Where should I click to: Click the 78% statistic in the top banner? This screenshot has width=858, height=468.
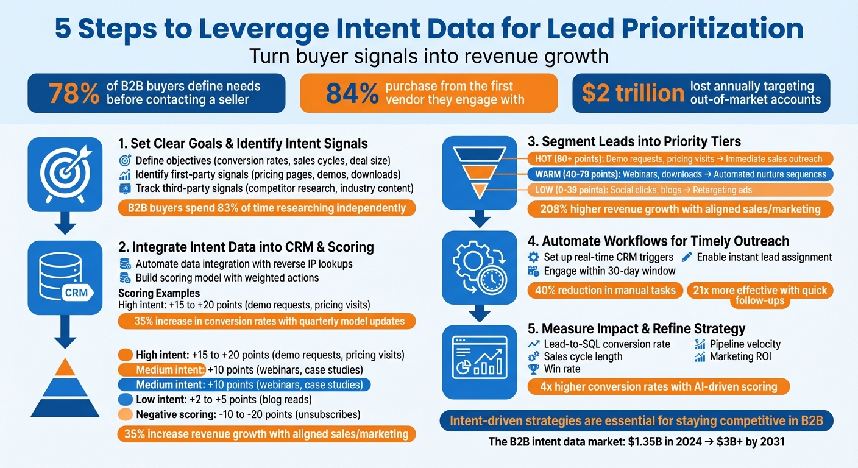coord(74,93)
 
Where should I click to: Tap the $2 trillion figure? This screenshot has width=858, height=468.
coord(633,93)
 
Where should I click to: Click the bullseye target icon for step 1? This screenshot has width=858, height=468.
coord(65,172)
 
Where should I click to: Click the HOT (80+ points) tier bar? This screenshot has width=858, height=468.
coord(679,159)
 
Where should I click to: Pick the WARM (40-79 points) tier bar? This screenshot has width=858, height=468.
coord(679,174)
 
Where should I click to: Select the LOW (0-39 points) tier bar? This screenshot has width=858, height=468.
coord(679,190)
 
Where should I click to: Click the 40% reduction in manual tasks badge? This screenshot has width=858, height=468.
coord(604,290)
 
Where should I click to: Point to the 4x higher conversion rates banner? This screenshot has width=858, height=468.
coord(658,386)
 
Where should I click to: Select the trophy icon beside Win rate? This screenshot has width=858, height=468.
coord(533,369)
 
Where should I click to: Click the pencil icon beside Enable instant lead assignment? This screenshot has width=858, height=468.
coord(687,257)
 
